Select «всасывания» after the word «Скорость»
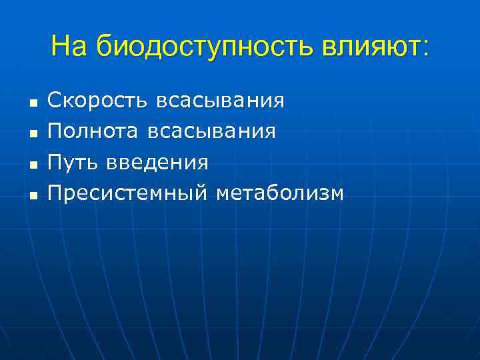point(221,101)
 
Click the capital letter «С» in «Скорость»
point(55,101)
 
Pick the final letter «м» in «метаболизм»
point(337,195)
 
